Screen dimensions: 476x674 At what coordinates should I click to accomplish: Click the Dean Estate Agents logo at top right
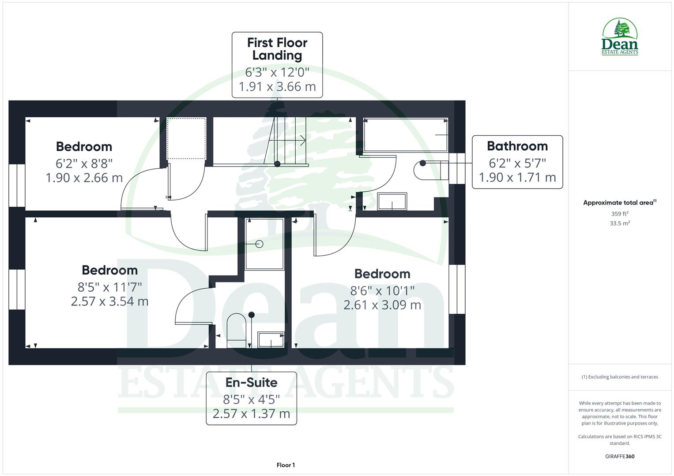pyautogui.click(x=620, y=37)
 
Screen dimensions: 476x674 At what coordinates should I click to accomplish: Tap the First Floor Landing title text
pyautogui.click(x=277, y=49)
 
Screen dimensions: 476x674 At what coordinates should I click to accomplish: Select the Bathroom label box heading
pyautogui.click(x=517, y=146)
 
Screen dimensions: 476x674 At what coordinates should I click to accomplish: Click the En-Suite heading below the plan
pyautogui.click(x=251, y=382)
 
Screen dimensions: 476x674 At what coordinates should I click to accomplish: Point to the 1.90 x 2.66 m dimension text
pyautogui.click(x=84, y=178)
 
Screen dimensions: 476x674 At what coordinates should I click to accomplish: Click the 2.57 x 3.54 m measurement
pyautogui.click(x=109, y=301)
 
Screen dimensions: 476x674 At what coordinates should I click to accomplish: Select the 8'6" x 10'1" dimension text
pyautogui.click(x=382, y=290)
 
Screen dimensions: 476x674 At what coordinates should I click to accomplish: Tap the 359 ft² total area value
pyautogui.click(x=620, y=214)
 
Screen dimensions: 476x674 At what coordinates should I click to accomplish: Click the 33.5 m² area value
pyautogui.click(x=620, y=223)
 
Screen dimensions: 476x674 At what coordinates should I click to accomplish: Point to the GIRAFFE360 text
pyautogui.click(x=620, y=456)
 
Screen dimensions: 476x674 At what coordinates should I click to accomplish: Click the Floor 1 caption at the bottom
pyautogui.click(x=286, y=465)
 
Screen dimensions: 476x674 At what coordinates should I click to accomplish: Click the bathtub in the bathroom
pyautogui.click(x=405, y=134)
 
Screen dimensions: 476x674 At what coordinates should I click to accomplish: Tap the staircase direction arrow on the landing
pyautogui.click(x=302, y=141)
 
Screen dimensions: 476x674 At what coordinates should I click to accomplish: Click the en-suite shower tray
pyautogui.click(x=264, y=244)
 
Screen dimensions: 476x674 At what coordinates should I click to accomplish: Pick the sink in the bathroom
pyautogui.click(x=392, y=201)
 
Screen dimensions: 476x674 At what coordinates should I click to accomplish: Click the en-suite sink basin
pyautogui.click(x=271, y=340)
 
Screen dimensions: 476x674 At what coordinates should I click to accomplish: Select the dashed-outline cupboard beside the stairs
pyautogui.click(x=186, y=138)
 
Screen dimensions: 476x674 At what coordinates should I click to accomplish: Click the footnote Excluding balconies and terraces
pyautogui.click(x=620, y=377)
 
